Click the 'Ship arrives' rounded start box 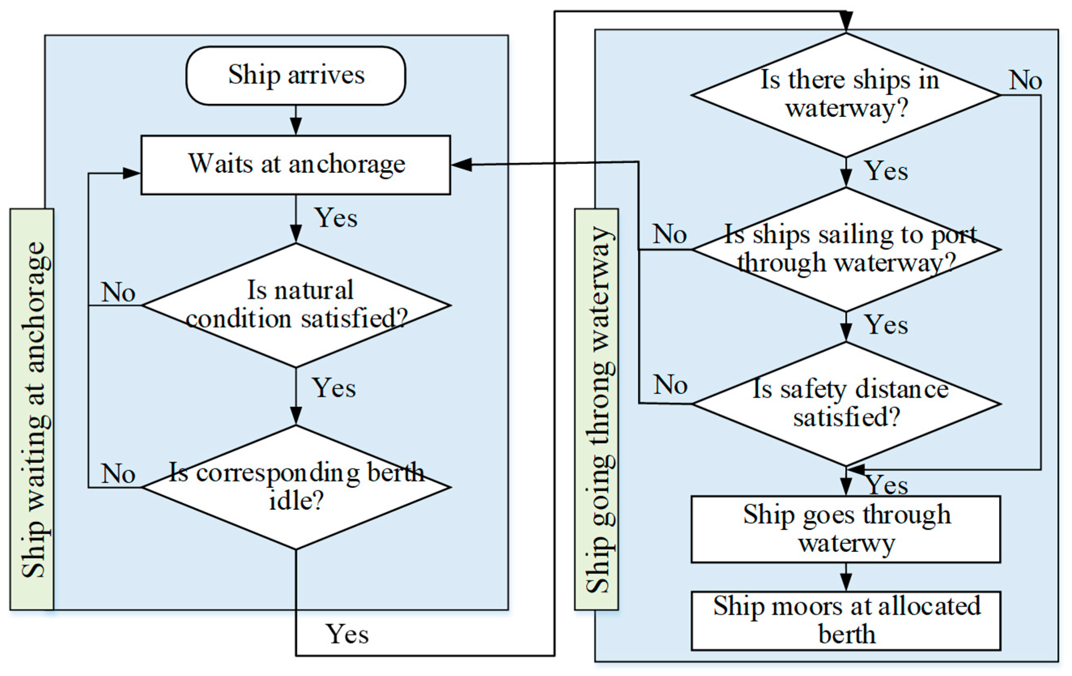pos(296,76)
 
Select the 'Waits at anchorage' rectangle pos(296,165)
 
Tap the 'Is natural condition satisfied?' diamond pos(296,305)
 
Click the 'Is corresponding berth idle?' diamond pos(296,487)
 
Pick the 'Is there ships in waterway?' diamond pos(846,95)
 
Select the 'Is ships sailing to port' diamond pos(846,249)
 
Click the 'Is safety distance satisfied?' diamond pos(846,403)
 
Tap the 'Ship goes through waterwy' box pos(846,529)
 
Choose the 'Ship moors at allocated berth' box pos(846,621)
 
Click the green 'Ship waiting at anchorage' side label pos(32,409)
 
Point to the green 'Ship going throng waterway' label pos(597,409)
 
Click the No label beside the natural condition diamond pos(118,292)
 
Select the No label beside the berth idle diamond pos(118,474)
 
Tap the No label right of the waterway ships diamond pos(1025,81)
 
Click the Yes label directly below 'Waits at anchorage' pos(336,218)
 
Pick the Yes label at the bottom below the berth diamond pos(347,634)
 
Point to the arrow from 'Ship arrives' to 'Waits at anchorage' pos(296,121)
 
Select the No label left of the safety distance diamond pos(670,385)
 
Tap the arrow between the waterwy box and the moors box pos(846,577)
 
